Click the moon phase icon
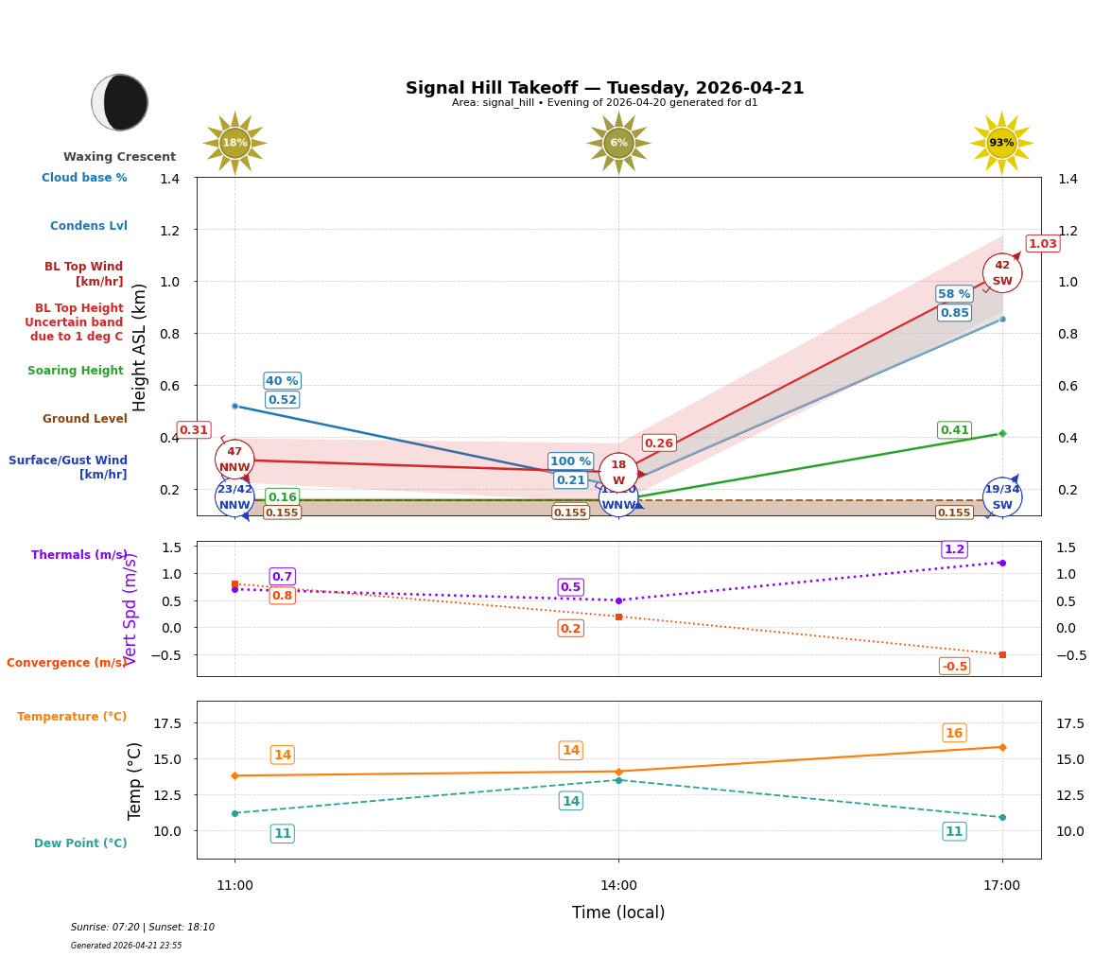120,102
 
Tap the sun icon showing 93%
1001,143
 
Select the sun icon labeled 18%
234,143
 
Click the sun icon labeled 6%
618,143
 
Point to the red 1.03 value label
1042,244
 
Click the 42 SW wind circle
1001,273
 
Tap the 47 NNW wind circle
234,460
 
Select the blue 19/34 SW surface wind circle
1001,496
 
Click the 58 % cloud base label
953,294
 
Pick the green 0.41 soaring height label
954,430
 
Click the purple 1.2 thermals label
954,549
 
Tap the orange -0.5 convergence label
954,667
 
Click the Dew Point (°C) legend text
80,843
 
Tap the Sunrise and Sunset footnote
143,928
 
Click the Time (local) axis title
618,913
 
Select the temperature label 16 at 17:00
954,733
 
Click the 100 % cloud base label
570,461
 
